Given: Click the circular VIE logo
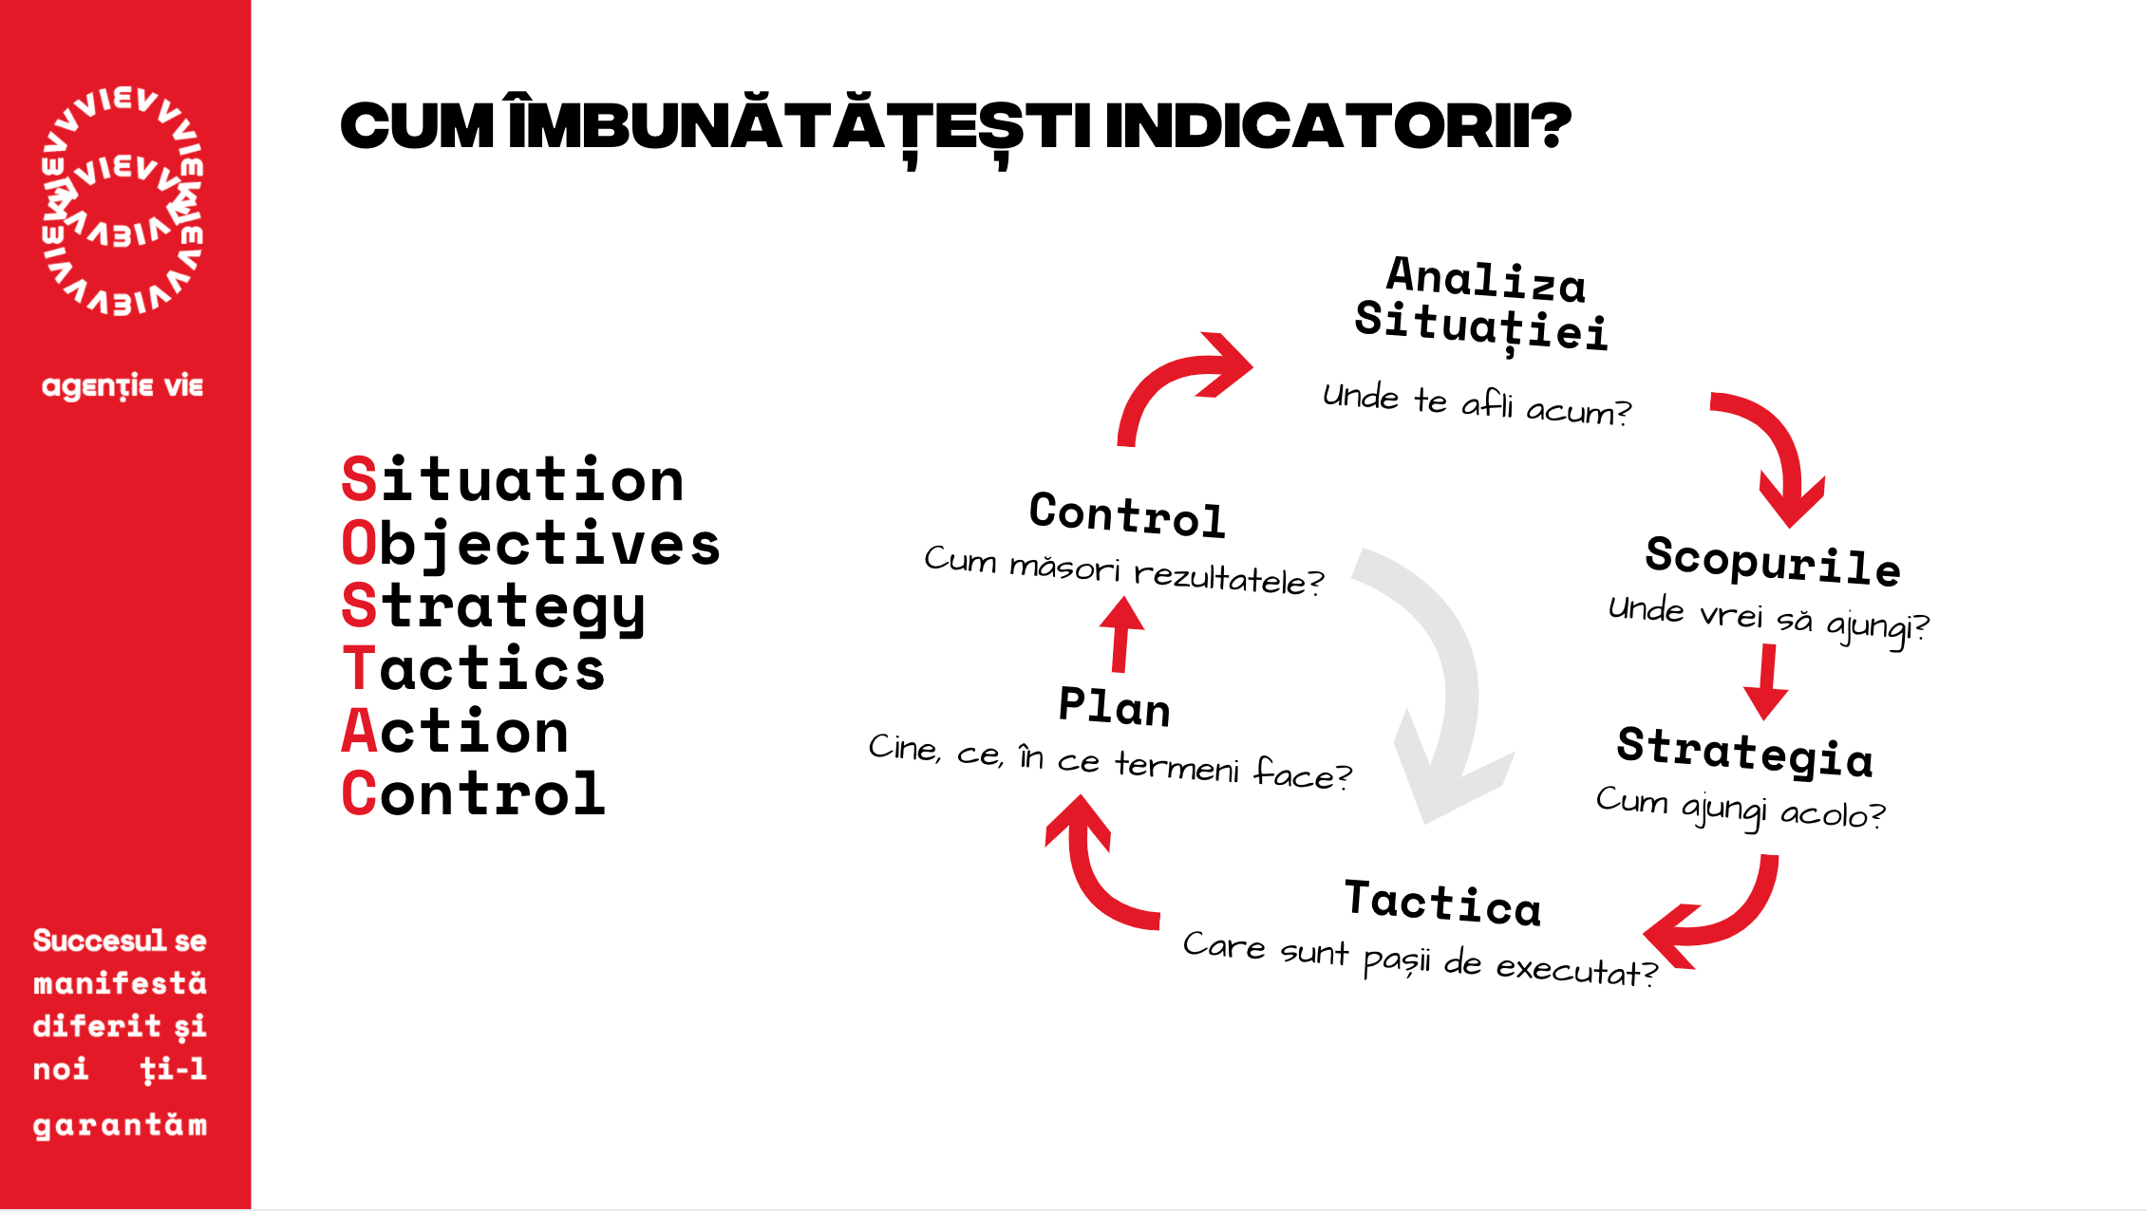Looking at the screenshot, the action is (122, 200).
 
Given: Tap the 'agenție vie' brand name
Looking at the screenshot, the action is (122, 386).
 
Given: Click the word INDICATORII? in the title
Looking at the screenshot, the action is (1338, 126).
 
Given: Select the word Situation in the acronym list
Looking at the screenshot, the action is (513, 479).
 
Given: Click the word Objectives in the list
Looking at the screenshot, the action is (531, 544).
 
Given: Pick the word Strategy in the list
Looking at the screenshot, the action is (494, 607).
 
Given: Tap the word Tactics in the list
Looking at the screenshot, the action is (473, 668).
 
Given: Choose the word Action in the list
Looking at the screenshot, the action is (455, 731).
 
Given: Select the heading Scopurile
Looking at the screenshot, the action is (1773, 560).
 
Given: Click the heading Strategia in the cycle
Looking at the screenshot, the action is (1745, 753).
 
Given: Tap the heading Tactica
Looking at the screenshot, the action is (1442, 902).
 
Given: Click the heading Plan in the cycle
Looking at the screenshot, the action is (1115, 707).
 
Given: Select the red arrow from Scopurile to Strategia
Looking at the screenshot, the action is (1767, 681).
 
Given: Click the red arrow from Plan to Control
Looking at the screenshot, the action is (1121, 633).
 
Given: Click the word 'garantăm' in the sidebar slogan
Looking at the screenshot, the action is (120, 1126).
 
